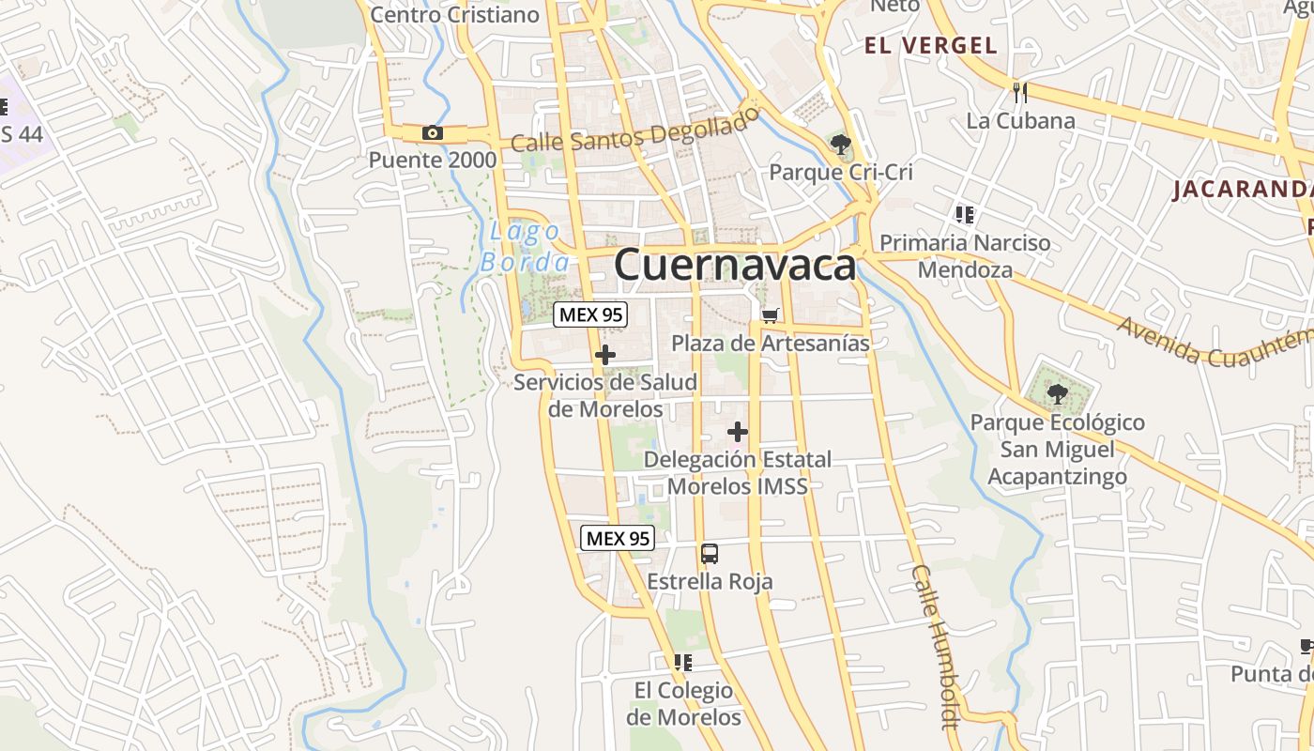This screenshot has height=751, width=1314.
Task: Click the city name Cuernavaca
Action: pos(735,265)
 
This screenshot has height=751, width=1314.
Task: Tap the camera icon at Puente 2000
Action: pos(433,132)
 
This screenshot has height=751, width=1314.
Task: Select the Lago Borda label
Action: pos(524,246)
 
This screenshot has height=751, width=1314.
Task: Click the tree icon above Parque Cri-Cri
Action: pos(840,145)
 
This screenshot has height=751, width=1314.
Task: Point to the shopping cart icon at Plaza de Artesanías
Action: pos(770,315)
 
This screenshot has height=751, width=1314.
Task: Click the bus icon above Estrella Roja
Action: pos(710,553)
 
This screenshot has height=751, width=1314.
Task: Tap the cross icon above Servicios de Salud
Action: pos(605,355)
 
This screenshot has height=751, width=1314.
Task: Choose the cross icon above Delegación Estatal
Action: pos(738,432)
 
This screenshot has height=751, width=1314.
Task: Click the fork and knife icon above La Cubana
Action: pos(1020,92)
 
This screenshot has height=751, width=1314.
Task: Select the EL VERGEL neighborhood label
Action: pos(930,45)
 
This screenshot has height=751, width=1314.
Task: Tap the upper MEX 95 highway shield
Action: pos(590,314)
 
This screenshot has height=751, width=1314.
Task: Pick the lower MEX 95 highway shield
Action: pos(617,538)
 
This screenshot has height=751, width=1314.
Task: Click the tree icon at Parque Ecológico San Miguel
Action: pos(1058,392)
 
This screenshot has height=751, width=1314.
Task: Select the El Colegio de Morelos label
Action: pos(684,704)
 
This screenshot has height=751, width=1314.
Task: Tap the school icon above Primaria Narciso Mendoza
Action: pos(964,215)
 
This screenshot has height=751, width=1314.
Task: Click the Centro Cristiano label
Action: pos(455,14)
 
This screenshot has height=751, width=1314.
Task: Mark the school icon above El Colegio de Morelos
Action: pos(683,663)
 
